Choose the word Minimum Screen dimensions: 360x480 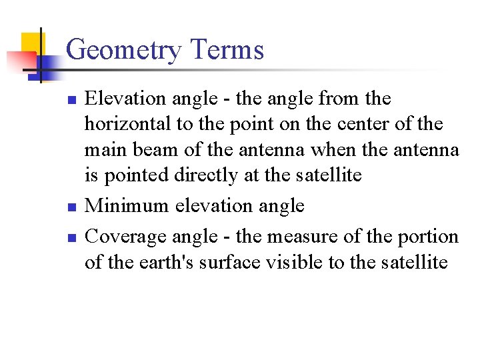[127, 205]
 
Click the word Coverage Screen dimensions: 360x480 [127, 237]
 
